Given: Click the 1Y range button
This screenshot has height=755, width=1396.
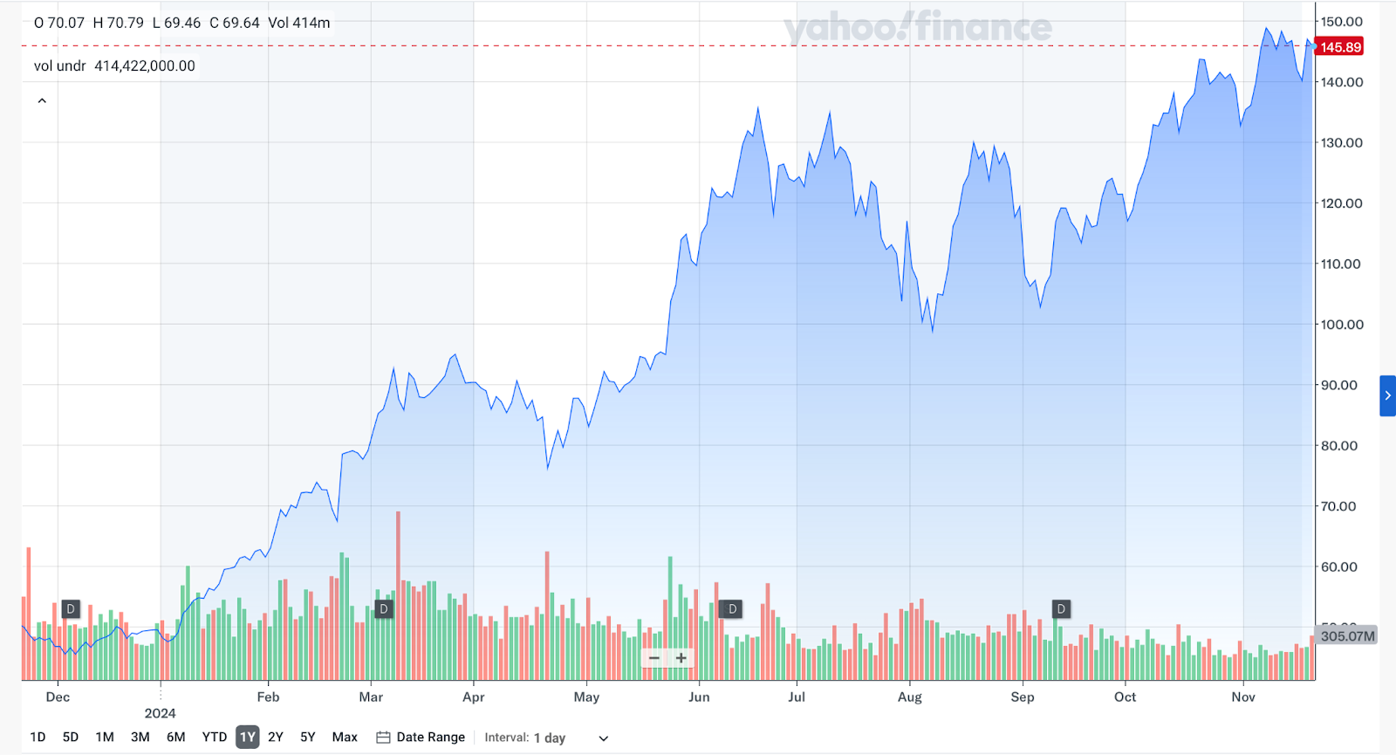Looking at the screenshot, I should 248,737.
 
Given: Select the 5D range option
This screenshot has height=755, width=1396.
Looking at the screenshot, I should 71,737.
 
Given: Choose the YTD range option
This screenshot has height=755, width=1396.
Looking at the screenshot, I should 215,737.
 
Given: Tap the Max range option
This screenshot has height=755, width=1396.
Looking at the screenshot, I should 345,737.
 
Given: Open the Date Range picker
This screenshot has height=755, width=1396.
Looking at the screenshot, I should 421,737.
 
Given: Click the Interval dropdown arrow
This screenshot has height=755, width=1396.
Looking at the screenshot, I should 603,738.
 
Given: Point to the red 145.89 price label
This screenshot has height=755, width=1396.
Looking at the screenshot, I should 1340,47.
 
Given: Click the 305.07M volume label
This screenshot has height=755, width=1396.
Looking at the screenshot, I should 1346,635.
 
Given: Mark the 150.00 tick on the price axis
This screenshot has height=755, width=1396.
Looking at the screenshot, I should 1341,22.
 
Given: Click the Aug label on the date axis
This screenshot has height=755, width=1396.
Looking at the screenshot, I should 909,697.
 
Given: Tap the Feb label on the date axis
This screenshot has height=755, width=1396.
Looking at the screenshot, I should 268,697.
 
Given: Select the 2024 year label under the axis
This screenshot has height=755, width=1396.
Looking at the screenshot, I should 160,713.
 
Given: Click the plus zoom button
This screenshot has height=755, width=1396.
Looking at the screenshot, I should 681,658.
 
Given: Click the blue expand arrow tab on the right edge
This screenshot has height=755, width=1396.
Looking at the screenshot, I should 1387,395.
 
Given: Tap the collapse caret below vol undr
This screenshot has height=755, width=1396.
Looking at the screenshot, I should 42,101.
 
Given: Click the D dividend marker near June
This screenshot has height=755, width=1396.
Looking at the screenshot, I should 732,608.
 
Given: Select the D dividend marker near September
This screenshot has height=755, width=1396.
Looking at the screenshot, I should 1061,608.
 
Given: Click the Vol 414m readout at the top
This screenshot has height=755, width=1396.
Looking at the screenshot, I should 299,23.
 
